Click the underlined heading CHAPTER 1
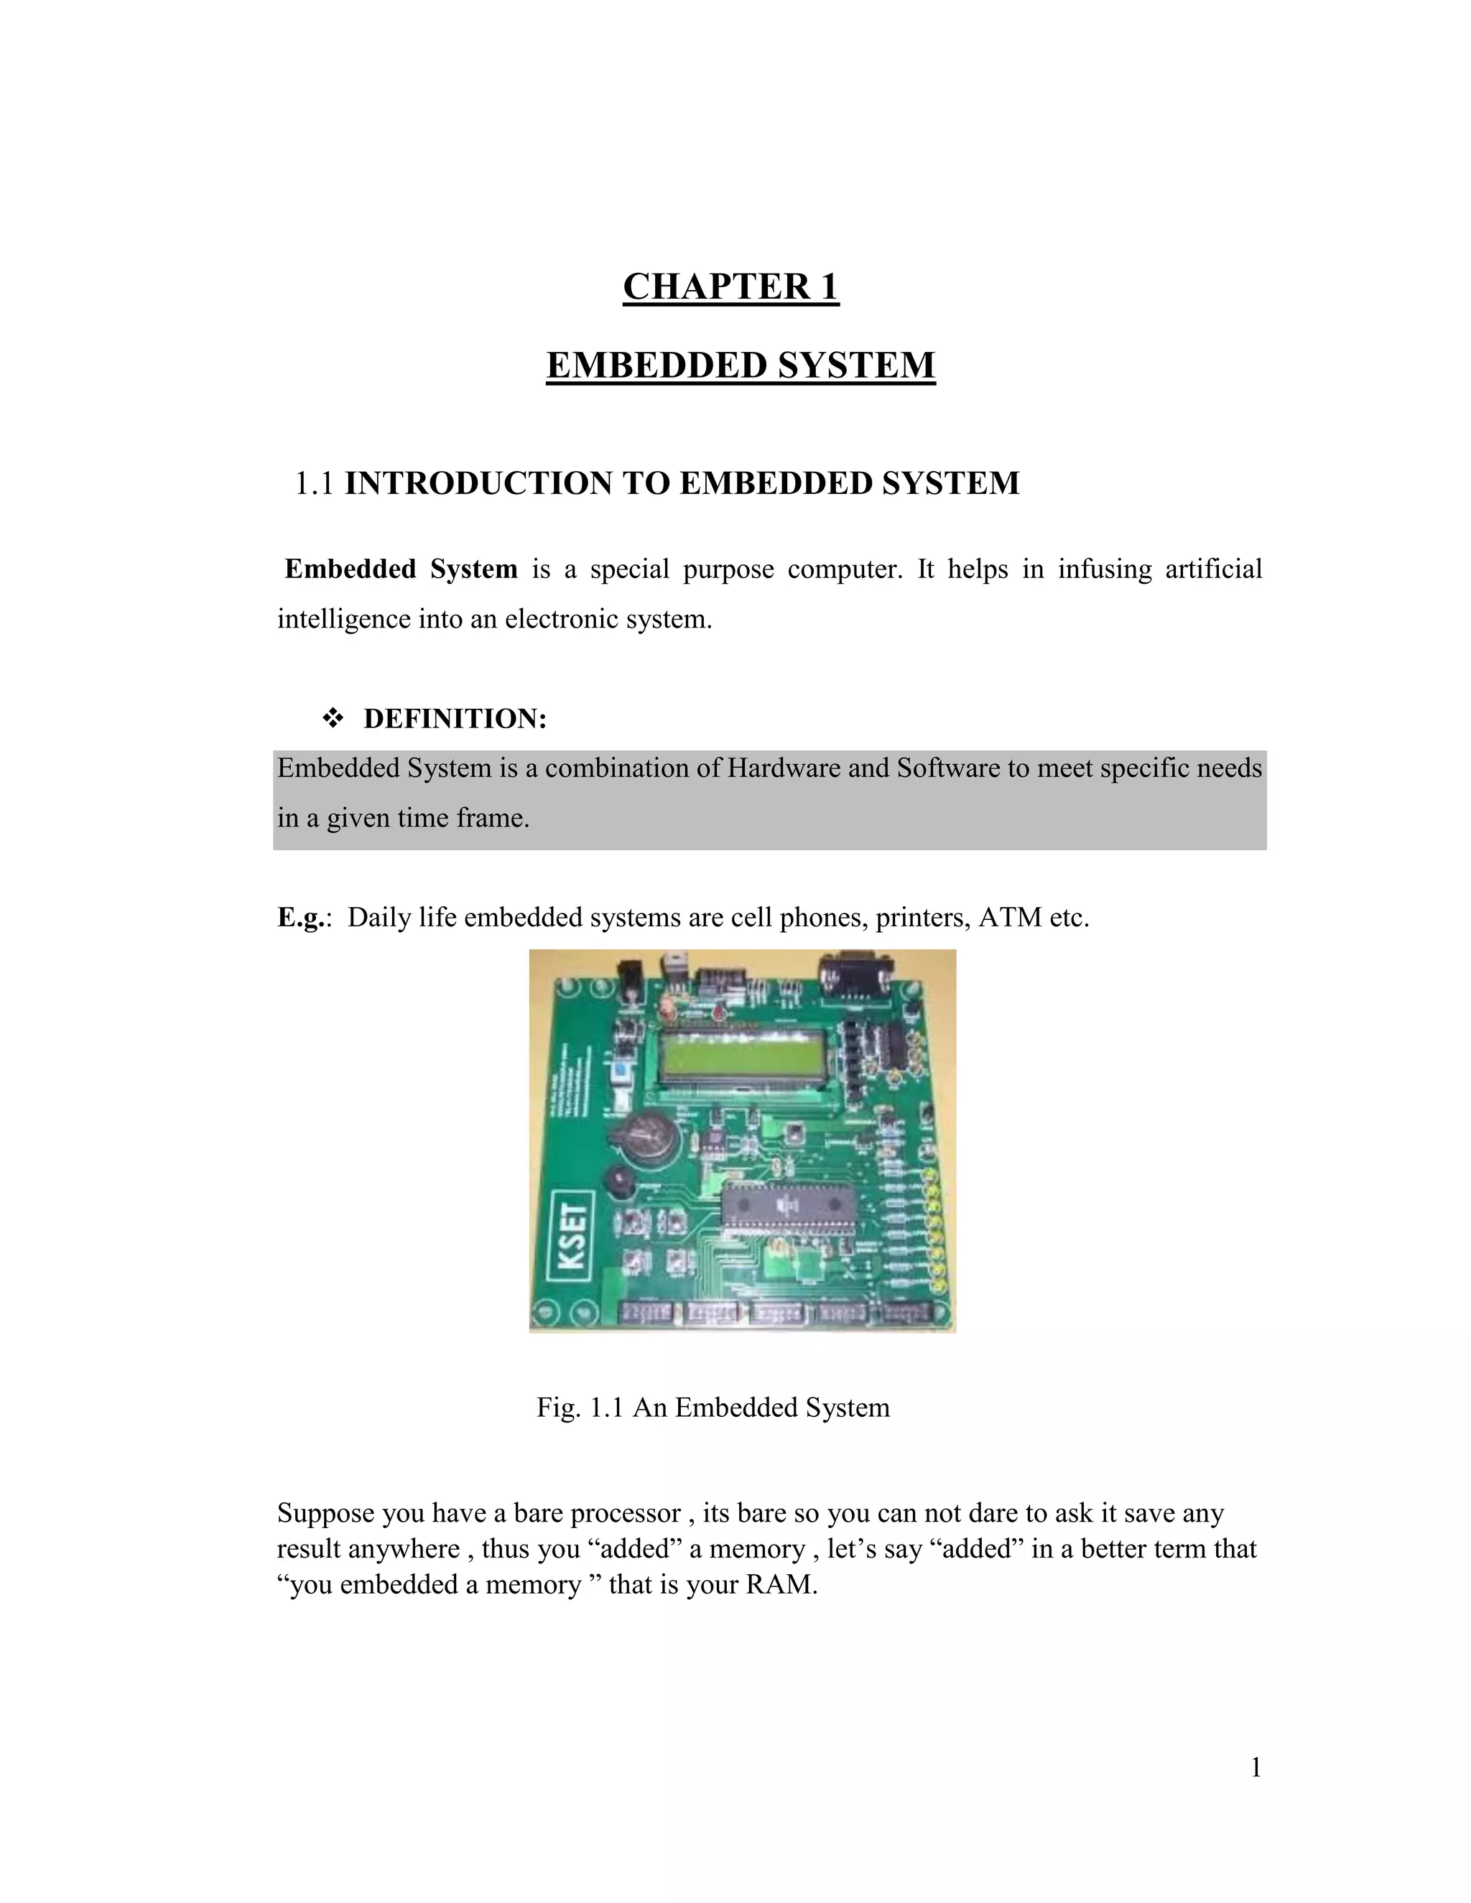[x=730, y=287]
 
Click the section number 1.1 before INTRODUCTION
[x=314, y=483]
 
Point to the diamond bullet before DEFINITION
[x=332, y=719]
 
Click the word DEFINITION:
[x=455, y=719]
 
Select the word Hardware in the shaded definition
[x=784, y=768]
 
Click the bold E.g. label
[x=302, y=918]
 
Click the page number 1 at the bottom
[x=1256, y=1767]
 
